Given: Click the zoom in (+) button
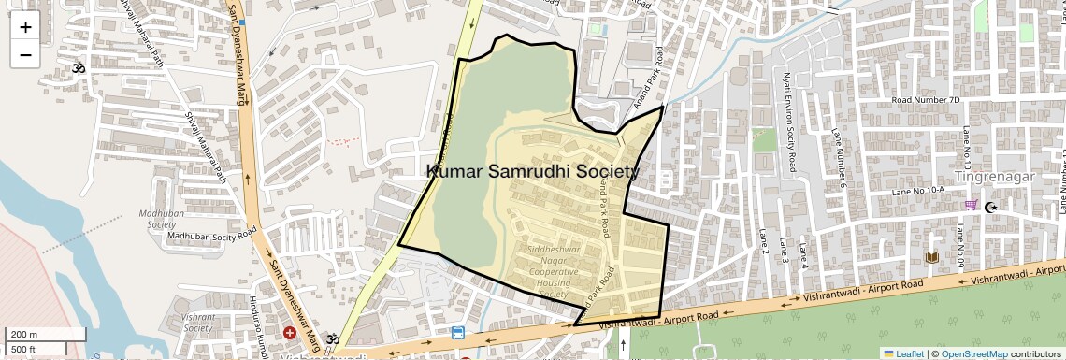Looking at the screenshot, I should pos(25,27).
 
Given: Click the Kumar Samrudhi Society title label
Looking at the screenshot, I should pos(533,171).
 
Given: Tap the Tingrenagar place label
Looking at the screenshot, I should pos(993,176).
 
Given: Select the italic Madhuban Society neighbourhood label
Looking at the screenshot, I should pos(157,219).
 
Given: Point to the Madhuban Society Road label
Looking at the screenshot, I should pos(211,236).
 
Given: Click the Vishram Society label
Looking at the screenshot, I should pos(197,323).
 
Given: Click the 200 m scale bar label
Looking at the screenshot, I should pos(24,335).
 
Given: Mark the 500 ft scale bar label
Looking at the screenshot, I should pos(24,349).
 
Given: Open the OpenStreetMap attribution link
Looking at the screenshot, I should pos(974,353).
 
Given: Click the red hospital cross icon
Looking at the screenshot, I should pos(290,333).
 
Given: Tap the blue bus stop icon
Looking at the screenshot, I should pos(458,333).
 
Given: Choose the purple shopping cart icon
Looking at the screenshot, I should pos(972,206).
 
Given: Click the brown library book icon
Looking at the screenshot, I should pos(931,257).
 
